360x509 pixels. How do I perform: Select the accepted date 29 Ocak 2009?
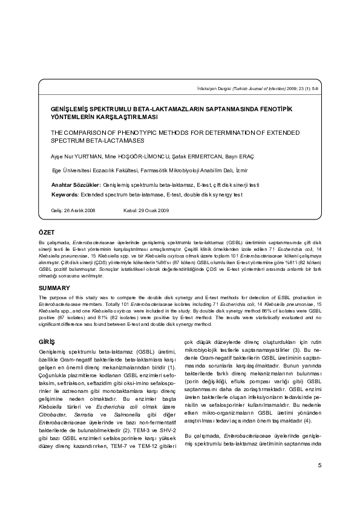pyautogui.click(x=154, y=210)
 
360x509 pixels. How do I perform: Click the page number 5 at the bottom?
pyautogui.click(x=319, y=481)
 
